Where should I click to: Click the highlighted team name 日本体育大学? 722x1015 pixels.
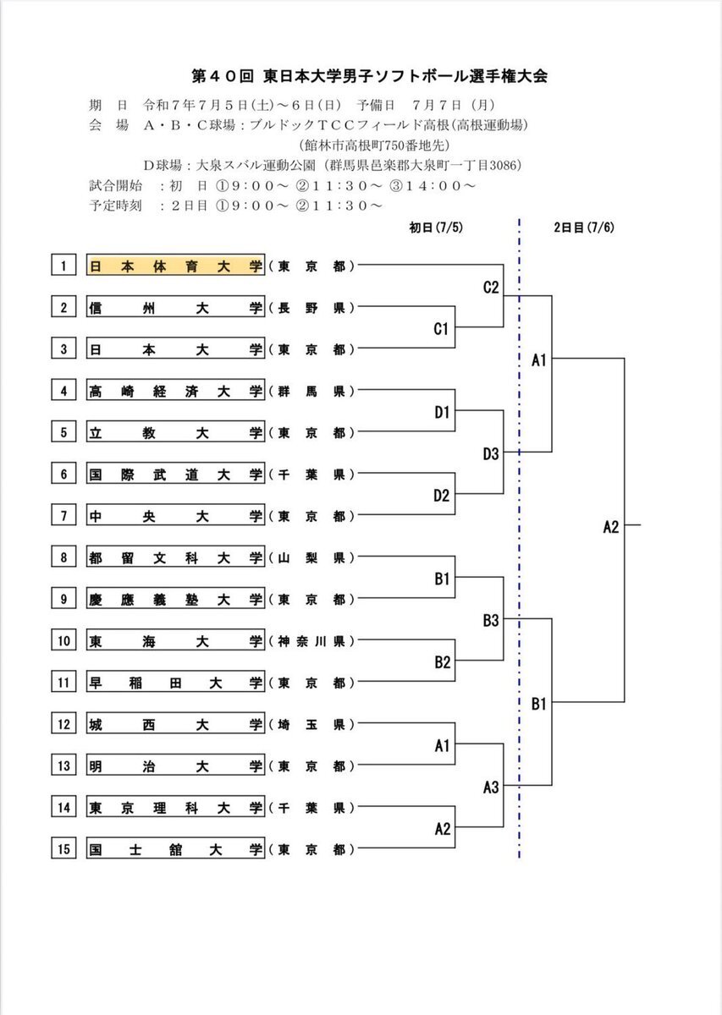pyautogui.click(x=175, y=265)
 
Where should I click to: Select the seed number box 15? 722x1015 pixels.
pyautogui.click(x=63, y=848)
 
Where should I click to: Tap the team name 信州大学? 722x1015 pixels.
pyautogui.click(x=175, y=307)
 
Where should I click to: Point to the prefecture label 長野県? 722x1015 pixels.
pyautogui.click(x=311, y=308)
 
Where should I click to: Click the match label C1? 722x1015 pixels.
pyautogui.click(x=441, y=328)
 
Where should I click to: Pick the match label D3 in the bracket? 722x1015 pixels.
pyautogui.click(x=491, y=453)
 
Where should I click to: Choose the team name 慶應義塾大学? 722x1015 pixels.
pyautogui.click(x=175, y=599)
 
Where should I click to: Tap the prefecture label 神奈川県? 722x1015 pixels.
pyautogui.click(x=311, y=641)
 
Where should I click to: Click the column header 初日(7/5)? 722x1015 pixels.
pyautogui.click(x=436, y=227)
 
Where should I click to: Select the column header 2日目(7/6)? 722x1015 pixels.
pyautogui.click(x=584, y=227)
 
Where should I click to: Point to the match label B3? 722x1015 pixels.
pyautogui.click(x=491, y=620)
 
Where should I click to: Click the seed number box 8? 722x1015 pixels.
pyautogui.click(x=63, y=557)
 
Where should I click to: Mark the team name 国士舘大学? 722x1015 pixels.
pyautogui.click(x=175, y=849)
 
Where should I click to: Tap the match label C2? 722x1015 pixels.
pyautogui.click(x=491, y=287)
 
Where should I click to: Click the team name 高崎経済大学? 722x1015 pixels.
pyautogui.click(x=175, y=391)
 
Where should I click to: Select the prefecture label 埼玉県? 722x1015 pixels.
pyautogui.click(x=311, y=725)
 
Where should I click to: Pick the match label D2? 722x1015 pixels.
pyautogui.click(x=441, y=496)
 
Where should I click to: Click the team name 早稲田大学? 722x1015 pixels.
pyautogui.click(x=175, y=683)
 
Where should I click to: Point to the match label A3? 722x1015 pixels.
pyautogui.click(x=491, y=787)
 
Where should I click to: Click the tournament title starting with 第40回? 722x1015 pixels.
pyautogui.click(x=369, y=76)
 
